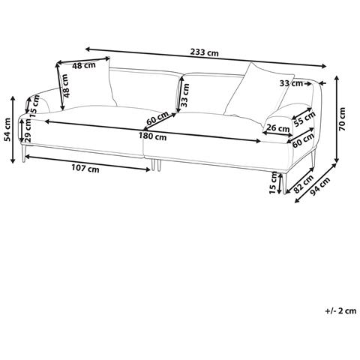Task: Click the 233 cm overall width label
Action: (x=204, y=52)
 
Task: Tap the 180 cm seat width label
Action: (x=152, y=136)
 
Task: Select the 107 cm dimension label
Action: (x=85, y=169)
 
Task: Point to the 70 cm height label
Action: (x=342, y=119)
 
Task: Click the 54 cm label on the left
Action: (x=8, y=130)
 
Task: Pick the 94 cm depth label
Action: (x=321, y=186)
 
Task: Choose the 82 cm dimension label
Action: (x=304, y=184)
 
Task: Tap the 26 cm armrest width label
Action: (x=277, y=128)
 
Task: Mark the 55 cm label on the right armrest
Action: (x=304, y=119)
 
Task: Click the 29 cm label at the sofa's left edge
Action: (x=28, y=130)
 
